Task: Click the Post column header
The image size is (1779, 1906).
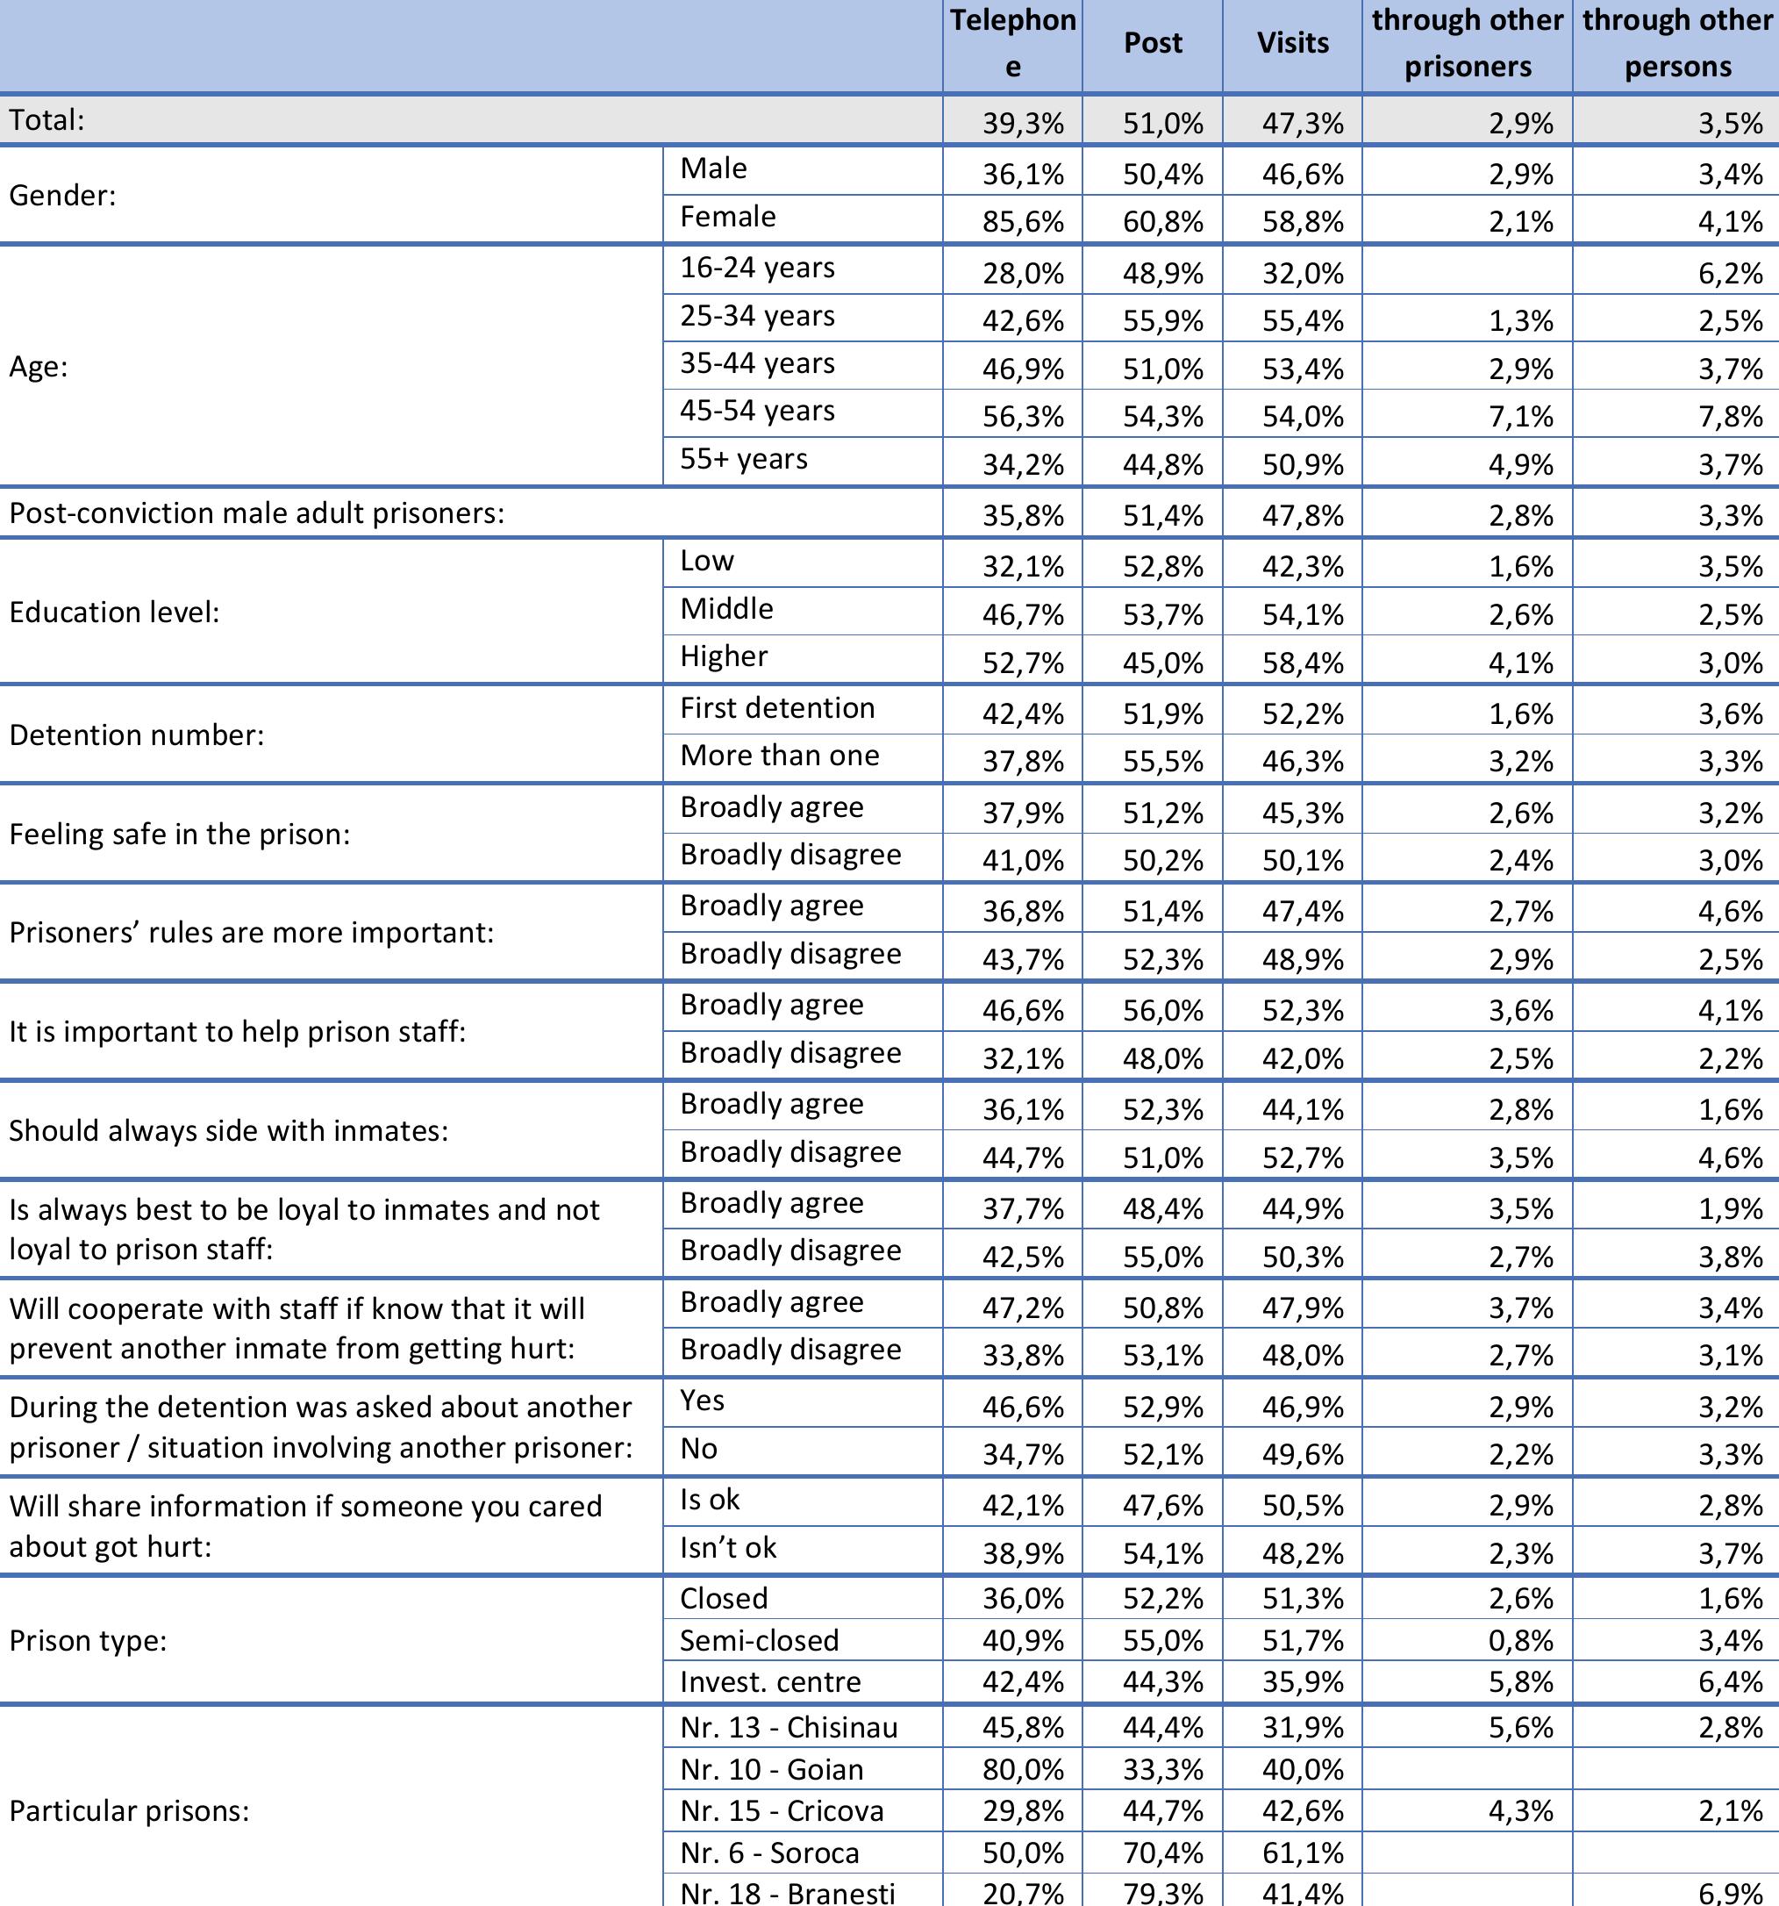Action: coord(1152,43)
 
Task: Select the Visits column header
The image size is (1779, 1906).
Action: coord(1292,43)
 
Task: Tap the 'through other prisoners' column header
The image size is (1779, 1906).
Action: coord(1467,43)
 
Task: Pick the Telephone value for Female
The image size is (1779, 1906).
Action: coord(1023,221)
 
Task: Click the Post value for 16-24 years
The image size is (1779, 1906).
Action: coord(1162,273)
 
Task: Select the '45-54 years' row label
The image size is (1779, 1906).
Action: coord(757,412)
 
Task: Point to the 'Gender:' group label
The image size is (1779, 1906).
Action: coord(62,196)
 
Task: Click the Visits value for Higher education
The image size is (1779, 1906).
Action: coord(1303,663)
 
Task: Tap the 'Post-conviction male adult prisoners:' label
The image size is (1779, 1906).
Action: coord(257,513)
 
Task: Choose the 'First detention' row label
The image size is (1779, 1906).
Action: coord(777,708)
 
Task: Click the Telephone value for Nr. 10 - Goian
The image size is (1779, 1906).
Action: coord(1023,1769)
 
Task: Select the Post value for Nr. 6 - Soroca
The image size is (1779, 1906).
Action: coord(1162,1852)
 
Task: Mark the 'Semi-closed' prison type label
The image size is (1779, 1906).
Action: coord(759,1640)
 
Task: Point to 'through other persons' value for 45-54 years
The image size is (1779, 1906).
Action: coord(1730,416)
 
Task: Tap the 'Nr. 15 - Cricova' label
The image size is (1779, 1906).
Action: coord(782,1810)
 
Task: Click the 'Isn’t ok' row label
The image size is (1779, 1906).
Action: coord(728,1547)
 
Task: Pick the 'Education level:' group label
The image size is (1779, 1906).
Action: coord(114,612)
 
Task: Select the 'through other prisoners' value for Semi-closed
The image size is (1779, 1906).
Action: coord(1520,1640)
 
